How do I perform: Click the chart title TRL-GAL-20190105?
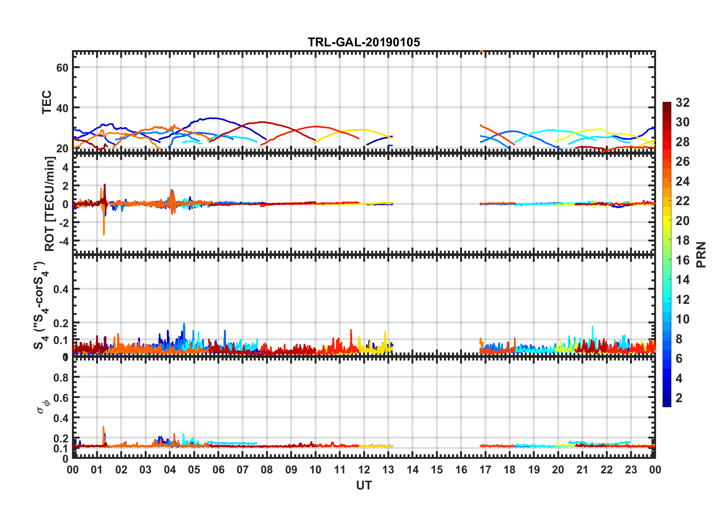click(364, 42)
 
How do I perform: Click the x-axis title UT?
click(364, 486)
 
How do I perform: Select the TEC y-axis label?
click(47, 102)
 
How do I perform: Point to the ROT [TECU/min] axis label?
click(50, 204)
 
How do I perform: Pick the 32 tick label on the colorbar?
click(682, 103)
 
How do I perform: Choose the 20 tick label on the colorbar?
click(682, 221)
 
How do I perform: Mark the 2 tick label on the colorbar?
click(679, 398)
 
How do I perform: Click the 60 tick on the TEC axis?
click(62, 68)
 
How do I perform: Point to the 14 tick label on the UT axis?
click(413, 470)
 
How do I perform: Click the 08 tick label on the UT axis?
click(267, 470)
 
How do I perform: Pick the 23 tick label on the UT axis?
click(631, 470)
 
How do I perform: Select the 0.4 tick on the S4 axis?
click(61, 289)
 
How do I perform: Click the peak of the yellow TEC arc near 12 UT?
click(360, 130)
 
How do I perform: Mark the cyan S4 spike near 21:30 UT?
click(593, 328)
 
